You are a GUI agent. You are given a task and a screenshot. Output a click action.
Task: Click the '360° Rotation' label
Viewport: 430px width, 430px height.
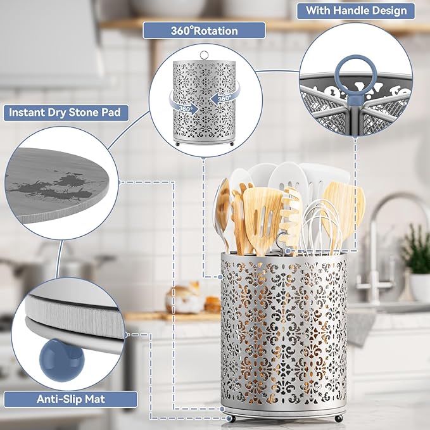point(204,30)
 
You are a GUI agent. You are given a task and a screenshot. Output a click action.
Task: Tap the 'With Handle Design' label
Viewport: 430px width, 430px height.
point(356,11)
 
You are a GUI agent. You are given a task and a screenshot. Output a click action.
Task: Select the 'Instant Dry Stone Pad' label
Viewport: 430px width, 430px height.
point(66,113)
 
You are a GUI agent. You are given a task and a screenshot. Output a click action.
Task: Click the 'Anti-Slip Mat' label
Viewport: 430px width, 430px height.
point(71,399)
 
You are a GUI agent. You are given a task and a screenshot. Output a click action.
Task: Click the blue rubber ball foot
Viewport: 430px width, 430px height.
point(61,360)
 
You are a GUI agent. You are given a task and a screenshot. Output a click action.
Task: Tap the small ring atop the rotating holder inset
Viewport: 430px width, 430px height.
point(204,55)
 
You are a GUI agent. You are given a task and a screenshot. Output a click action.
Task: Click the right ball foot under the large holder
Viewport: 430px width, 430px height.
point(339,419)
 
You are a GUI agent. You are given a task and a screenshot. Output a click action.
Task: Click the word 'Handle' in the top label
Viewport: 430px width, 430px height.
point(348,11)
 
